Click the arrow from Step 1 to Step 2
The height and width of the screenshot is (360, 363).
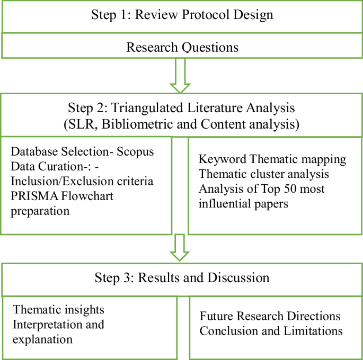click(x=181, y=75)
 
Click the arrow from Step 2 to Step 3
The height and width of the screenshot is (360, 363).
click(x=181, y=247)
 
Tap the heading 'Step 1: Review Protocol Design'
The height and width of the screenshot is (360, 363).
click(x=182, y=14)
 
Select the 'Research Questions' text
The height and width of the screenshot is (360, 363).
click(x=182, y=47)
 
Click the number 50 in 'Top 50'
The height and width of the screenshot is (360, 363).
click(x=297, y=188)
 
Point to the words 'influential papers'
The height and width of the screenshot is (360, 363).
click(x=243, y=203)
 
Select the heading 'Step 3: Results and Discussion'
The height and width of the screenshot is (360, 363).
click(x=182, y=277)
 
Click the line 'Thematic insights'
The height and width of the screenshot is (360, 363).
click(x=58, y=309)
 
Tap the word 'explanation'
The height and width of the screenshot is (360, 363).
click(x=42, y=339)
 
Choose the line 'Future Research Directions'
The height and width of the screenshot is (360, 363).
click(x=270, y=317)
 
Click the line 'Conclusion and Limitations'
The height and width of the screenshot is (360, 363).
click(x=271, y=331)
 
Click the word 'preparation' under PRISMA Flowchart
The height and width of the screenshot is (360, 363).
click(x=40, y=211)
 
